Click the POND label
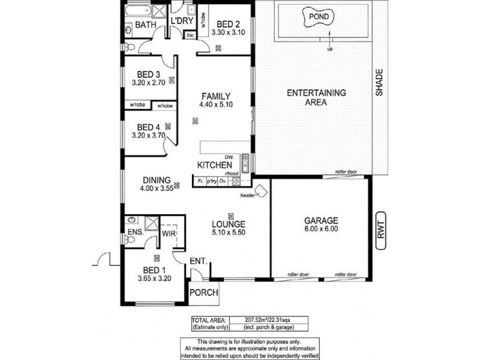pos(318,17)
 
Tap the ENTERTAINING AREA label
pos(316,98)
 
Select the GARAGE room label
pos(321,220)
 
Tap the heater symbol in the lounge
pos(262,192)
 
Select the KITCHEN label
pos(215,164)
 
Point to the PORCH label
pos(203,293)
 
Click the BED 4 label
pos(148,127)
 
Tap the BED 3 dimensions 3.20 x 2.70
pos(148,84)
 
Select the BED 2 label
pos(228,18)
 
